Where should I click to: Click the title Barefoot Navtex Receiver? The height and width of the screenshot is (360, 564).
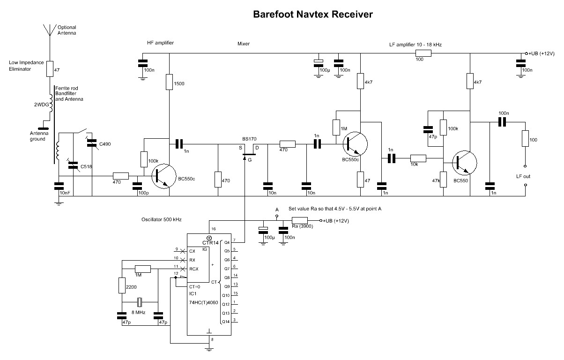tap(313, 15)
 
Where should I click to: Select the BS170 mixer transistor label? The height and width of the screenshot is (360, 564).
tap(249, 139)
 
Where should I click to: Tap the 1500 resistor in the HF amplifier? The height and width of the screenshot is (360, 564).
tap(170, 83)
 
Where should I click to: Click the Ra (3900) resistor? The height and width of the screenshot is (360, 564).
tap(299, 221)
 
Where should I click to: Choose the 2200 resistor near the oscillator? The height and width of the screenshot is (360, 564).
tap(122, 285)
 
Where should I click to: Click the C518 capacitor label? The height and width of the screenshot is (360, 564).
tap(86, 167)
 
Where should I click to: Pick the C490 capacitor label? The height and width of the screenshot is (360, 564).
tap(105, 143)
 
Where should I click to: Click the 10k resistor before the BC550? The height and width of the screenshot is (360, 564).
tap(418, 158)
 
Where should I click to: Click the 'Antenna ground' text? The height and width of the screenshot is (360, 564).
tap(35, 136)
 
